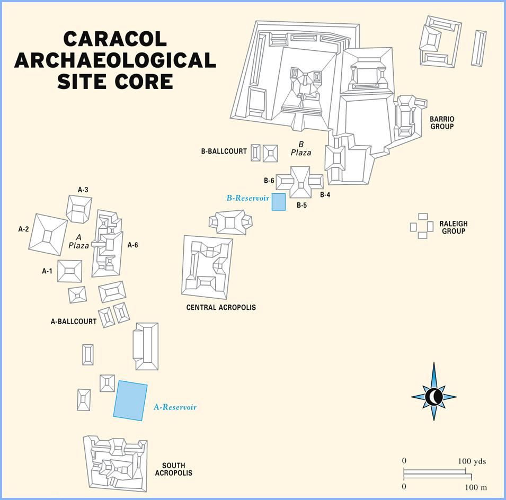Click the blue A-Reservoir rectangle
[130, 400]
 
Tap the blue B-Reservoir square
[279, 202]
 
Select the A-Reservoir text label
[175, 407]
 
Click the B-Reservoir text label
[248, 198]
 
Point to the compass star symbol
[434, 397]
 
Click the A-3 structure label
[83, 190]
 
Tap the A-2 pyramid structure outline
[48, 235]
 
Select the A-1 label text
[47, 271]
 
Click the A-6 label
[132, 245]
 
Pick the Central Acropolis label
[221, 307]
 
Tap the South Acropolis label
[174, 469]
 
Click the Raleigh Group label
[454, 227]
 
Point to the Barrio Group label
[442, 123]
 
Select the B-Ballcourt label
[224, 151]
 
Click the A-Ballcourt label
[74, 322]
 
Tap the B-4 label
[325, 195]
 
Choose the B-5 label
[301, 206]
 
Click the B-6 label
[269, 181]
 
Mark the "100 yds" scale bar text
[472, 461]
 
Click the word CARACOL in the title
[115, 39]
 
